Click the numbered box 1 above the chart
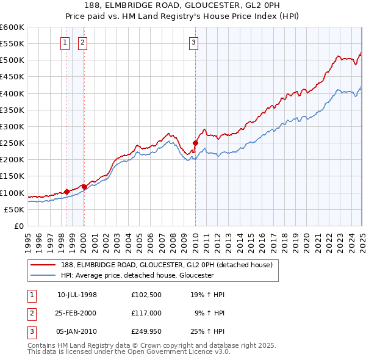(x=65, y=42)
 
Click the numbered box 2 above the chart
(x=82, y=42)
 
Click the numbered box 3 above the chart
(x=193, y=42)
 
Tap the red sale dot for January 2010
(x=196, y=143)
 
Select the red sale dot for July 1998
(x=66, y=192)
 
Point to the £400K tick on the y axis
(x=12, y=93)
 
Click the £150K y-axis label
(x=12, y=176)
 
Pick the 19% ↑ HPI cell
(x=209, y=295)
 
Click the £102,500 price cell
(x=146, y=295)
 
